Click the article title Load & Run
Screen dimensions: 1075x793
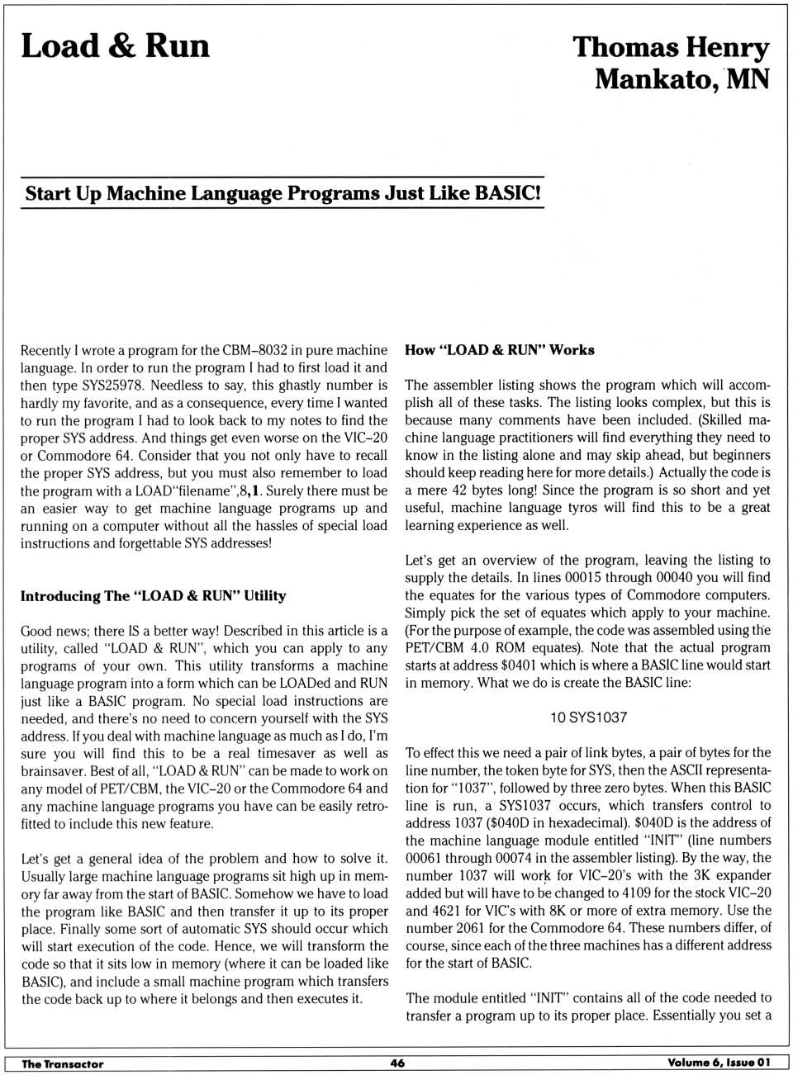[x=115, y=46]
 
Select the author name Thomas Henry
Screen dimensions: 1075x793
[x=671, y=47]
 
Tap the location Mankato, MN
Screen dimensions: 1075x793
[x=681, y=79]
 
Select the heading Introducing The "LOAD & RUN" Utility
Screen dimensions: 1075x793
[x=153, y=596]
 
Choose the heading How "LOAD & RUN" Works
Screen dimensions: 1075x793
[x=499, y=350]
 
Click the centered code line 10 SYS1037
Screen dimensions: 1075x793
[x=588, y=717]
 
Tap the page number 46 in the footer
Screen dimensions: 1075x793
[x=397, y=1063]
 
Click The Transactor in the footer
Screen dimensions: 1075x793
[x=63, y=1064]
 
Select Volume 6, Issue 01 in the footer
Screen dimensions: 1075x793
[x=719, y=1063]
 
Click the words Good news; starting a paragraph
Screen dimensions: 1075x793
[x=55, y=631]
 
